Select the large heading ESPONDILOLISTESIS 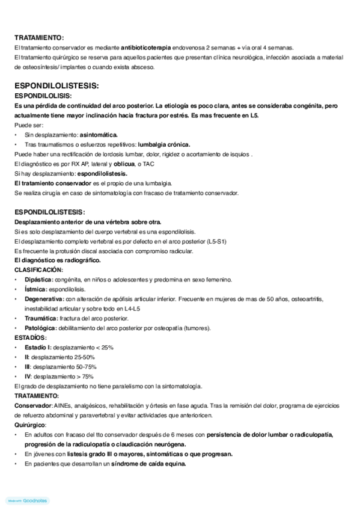pos(56,85)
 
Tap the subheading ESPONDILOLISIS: pos(43,96)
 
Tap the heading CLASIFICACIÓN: pos(38,270)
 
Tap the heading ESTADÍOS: pos(31,338)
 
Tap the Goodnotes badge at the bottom pos(28,500)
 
